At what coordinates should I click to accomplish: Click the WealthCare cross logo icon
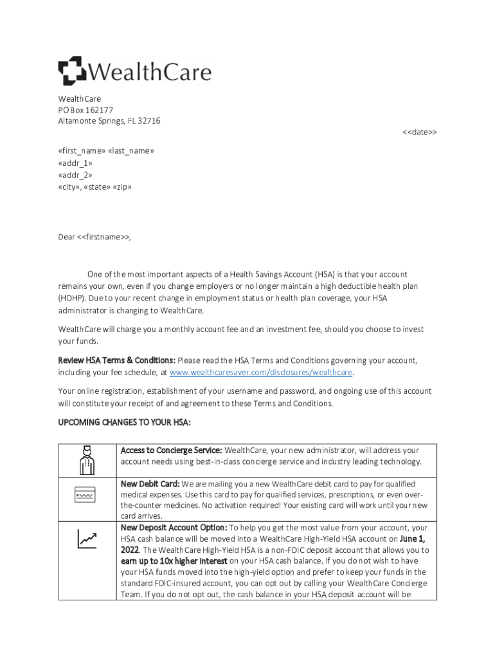point(71,71)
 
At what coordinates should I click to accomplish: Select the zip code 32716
point(148,121)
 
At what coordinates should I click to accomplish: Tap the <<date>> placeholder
point(419,132)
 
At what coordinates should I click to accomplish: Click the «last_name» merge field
point(131,151)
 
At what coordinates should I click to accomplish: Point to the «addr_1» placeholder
point(75,163)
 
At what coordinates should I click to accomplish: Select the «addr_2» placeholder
point(75,175)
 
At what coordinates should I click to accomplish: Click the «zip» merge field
point(122,187)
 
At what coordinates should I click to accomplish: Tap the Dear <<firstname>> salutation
point(94,237)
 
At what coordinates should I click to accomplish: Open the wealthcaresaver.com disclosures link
point(261,373)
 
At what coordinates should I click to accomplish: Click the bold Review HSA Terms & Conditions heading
point(116,360)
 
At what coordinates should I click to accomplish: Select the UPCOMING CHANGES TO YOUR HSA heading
point(124,422)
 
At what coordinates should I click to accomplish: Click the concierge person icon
point(87,459)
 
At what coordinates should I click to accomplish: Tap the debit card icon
point(85,496)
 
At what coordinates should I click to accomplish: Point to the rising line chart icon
point(87,539)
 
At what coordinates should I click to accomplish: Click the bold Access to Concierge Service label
point(171,450)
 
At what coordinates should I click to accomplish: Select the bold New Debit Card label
point(150,484)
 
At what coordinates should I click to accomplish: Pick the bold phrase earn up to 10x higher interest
point(174,561)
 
